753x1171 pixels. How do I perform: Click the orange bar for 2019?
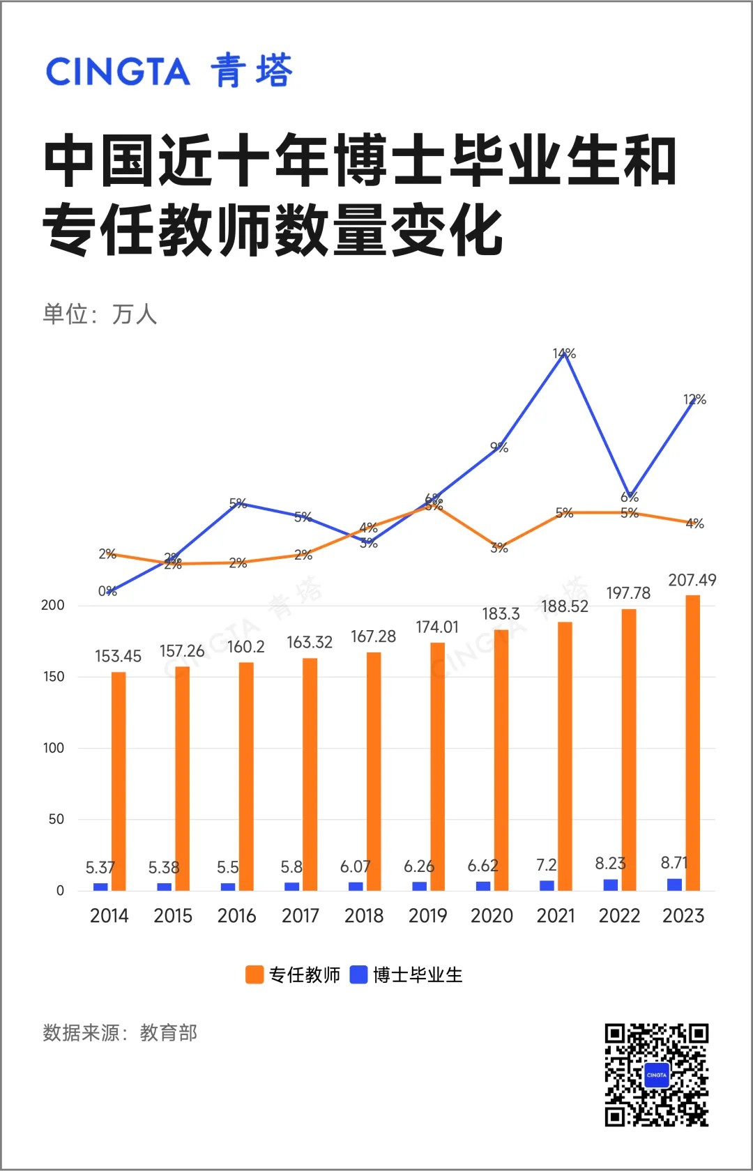coord(437,767)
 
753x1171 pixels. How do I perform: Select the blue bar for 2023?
coord(674,885)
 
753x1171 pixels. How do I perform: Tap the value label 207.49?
coord(692,580)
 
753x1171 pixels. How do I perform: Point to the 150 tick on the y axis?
coord(54,677)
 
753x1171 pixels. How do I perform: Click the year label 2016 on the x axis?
coord(236,916)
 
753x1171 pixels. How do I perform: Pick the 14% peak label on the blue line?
coord(564,354)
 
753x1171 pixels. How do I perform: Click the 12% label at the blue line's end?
coord(694,399)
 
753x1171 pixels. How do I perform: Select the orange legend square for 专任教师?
coord(254,974)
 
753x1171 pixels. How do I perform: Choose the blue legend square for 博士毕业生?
coord(358,974)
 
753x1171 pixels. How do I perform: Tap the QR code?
coord(656,1075)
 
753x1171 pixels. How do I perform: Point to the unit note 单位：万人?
coord(100,314)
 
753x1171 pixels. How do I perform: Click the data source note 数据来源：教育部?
coord(120,1032)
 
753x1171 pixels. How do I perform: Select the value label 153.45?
coord(118,656)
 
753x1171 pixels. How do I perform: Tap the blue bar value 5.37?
coord(100,868)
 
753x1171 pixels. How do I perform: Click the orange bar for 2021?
coord(565,756)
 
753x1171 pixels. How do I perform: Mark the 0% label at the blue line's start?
coord(107,591)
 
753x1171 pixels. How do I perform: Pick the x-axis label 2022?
coord(619,916)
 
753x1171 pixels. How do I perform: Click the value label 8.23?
coord(610,864)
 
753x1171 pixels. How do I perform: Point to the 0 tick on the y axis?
coord(60,891)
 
